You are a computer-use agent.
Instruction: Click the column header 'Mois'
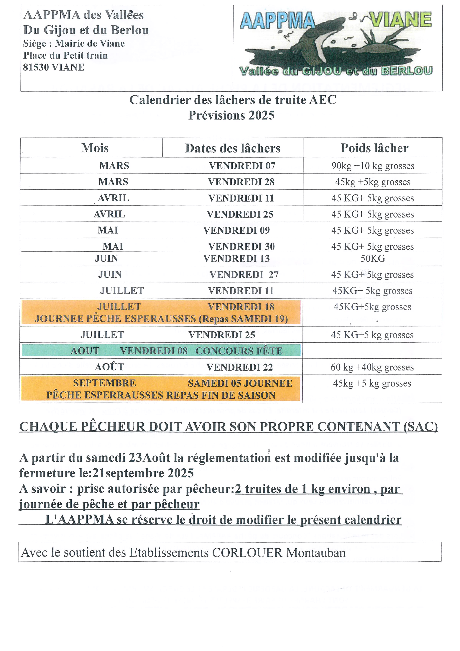coord(95,148)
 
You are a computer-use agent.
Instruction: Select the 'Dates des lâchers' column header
coord(233,148)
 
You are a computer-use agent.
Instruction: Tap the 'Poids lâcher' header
coord(374,148)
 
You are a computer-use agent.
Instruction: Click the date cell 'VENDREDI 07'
coord(242,166)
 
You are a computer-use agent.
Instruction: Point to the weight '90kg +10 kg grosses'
coord(373,166)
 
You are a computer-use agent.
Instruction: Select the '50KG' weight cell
coord(373,259)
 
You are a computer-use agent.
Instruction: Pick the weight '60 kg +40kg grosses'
coord(372,367)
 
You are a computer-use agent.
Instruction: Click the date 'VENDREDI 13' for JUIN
coord(236,259)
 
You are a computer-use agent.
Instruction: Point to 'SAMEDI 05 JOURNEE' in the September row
coord(240,383)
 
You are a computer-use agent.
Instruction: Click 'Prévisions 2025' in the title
coord(231,115)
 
